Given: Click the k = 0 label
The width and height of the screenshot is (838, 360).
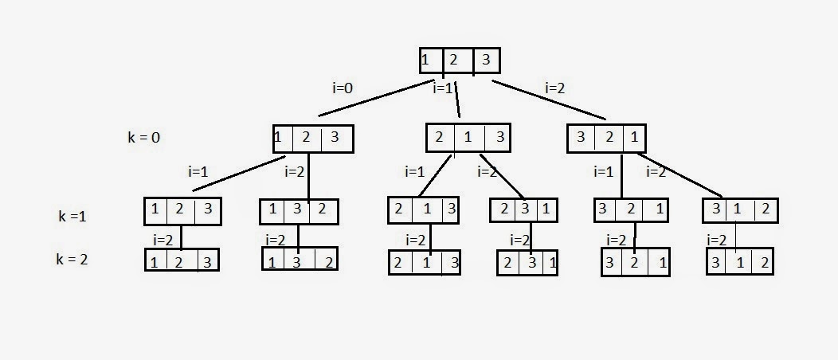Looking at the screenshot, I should pos(144,137).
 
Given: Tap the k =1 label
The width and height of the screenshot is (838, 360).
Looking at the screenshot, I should pos(72,216).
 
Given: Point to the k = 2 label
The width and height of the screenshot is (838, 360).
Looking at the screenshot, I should pos(72,259).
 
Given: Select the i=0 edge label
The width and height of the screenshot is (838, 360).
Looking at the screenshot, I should pos(342,88).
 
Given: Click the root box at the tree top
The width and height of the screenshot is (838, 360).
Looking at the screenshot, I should pos(460,61).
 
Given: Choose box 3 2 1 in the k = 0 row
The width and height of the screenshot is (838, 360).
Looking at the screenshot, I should pos(606,138).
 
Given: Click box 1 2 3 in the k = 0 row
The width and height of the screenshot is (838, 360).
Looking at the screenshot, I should pos(312,139).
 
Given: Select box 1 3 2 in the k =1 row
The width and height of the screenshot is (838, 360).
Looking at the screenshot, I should pos(300,211).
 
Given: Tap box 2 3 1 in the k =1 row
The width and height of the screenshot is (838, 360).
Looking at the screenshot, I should pos(524,210).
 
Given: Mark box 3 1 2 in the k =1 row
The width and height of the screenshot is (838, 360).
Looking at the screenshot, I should pos(740,210).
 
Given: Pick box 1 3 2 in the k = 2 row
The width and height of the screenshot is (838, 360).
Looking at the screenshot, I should pos(300,261).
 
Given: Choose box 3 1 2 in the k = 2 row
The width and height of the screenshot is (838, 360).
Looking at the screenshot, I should pos(739,261).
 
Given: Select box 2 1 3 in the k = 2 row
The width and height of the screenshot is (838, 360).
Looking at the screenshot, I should pos(425,262).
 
